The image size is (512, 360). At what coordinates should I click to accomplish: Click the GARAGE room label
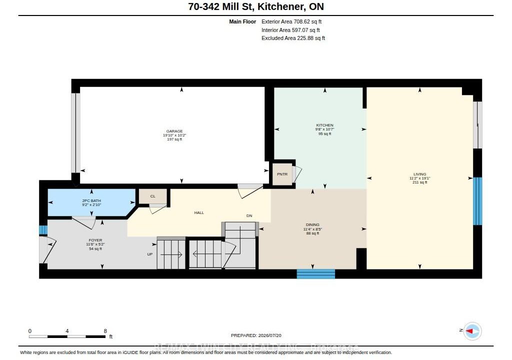coord(174,131)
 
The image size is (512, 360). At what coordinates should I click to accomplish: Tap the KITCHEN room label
coord(324,125)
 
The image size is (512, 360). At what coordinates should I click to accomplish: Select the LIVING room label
coord(419,174)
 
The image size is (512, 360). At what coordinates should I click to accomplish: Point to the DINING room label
coord(312,225)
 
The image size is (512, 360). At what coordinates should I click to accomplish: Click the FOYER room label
coord(95,240)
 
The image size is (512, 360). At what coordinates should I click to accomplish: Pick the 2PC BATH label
coord(91,200)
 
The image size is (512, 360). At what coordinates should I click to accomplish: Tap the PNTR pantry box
coord(282,174)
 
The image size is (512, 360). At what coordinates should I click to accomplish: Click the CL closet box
coord(153,196)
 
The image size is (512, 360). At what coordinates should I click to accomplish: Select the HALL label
coord(199,212)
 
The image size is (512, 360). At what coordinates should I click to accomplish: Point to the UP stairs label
coord(150,254)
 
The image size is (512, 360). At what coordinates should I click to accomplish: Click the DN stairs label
coord(249,215)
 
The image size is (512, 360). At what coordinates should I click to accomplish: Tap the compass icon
coord(472,331)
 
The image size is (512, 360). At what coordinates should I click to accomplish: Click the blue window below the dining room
coord(316,274)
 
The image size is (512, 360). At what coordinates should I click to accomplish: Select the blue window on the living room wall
coord(477,201)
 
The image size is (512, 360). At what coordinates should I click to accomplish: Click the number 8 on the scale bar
coord(105,331)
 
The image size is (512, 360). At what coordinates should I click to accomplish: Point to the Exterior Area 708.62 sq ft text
coord(291,21)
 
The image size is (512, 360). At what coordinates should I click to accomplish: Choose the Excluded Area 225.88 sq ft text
coord(293,38)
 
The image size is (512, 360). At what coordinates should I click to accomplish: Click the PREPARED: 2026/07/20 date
coord(256,335)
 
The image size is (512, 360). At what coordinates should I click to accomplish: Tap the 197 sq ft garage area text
coord(174,139)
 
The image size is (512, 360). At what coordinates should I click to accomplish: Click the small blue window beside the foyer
coord(43,230)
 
